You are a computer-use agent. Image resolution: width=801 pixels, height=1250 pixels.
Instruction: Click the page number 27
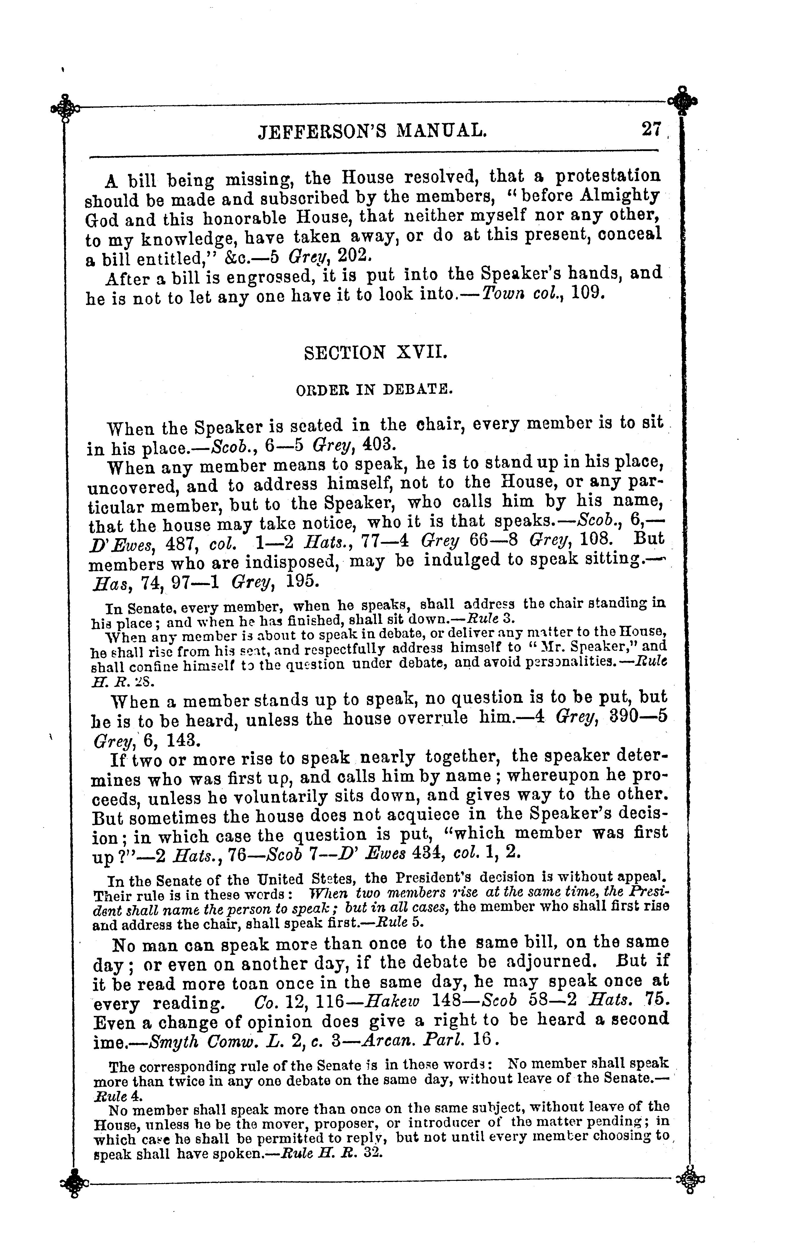coord(651,129)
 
